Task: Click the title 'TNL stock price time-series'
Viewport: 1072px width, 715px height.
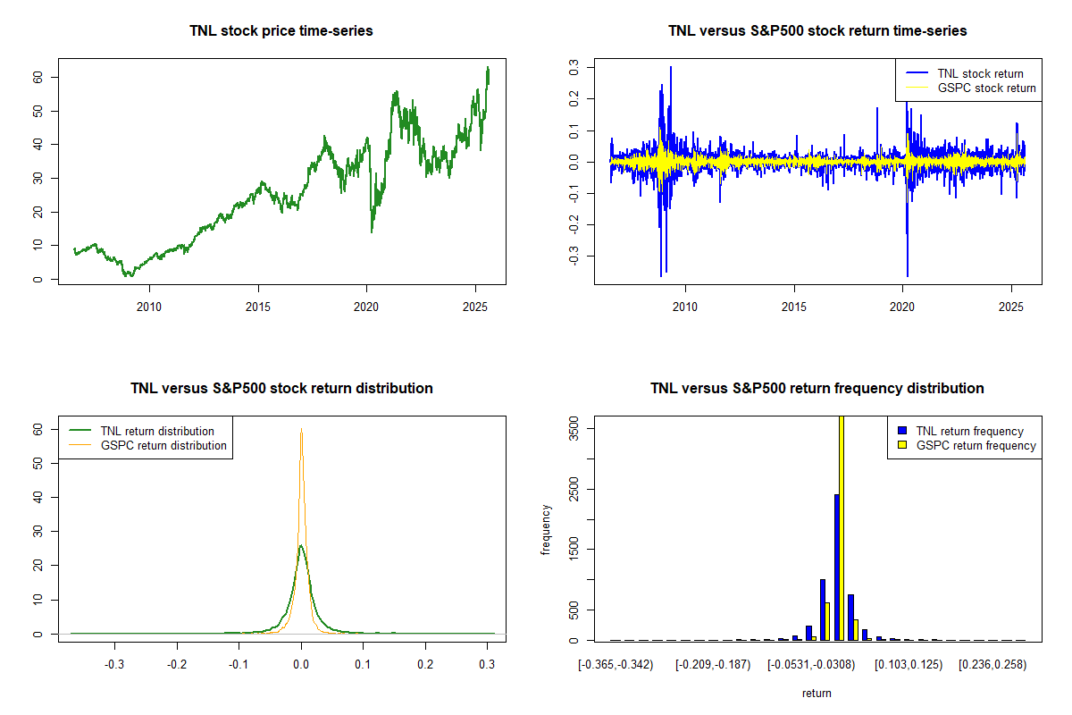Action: point(281,31)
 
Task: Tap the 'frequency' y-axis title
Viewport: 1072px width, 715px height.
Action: point(546,530)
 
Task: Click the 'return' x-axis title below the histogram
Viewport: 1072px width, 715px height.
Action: point(817,693)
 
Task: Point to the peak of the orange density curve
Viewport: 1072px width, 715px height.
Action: point(302,430)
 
